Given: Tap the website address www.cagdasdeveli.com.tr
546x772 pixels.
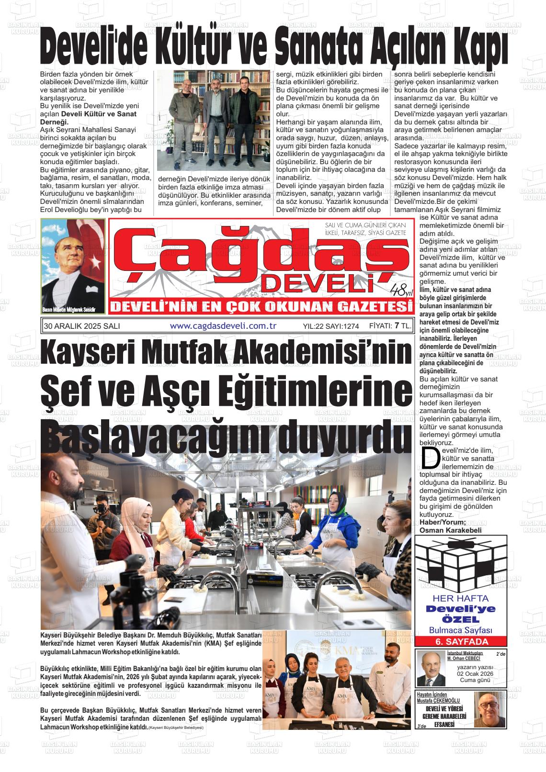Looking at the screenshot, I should pyautogui.click(x=224, y=326).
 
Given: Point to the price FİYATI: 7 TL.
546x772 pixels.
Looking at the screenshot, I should pyautogui.click(x=390, y=326).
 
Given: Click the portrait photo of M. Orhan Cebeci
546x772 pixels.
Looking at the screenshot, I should pyautogui.click(x=431, y=668).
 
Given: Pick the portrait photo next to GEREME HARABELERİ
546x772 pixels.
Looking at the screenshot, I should pyautogui.click(x=489, y=710).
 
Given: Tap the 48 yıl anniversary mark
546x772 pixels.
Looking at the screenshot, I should pyautogui.click(x=400, y=290).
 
